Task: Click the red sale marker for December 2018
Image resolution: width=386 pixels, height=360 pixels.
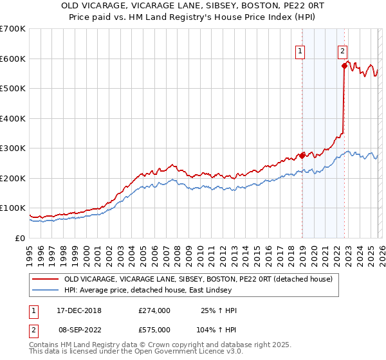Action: pos(302,156)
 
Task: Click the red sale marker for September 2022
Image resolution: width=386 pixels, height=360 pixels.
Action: pos(344,66)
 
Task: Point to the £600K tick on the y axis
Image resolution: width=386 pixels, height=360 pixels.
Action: pos(12,59)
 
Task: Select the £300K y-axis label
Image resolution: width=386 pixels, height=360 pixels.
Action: pos(12,148)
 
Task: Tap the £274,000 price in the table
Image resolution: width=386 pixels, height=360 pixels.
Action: pos(154,310)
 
